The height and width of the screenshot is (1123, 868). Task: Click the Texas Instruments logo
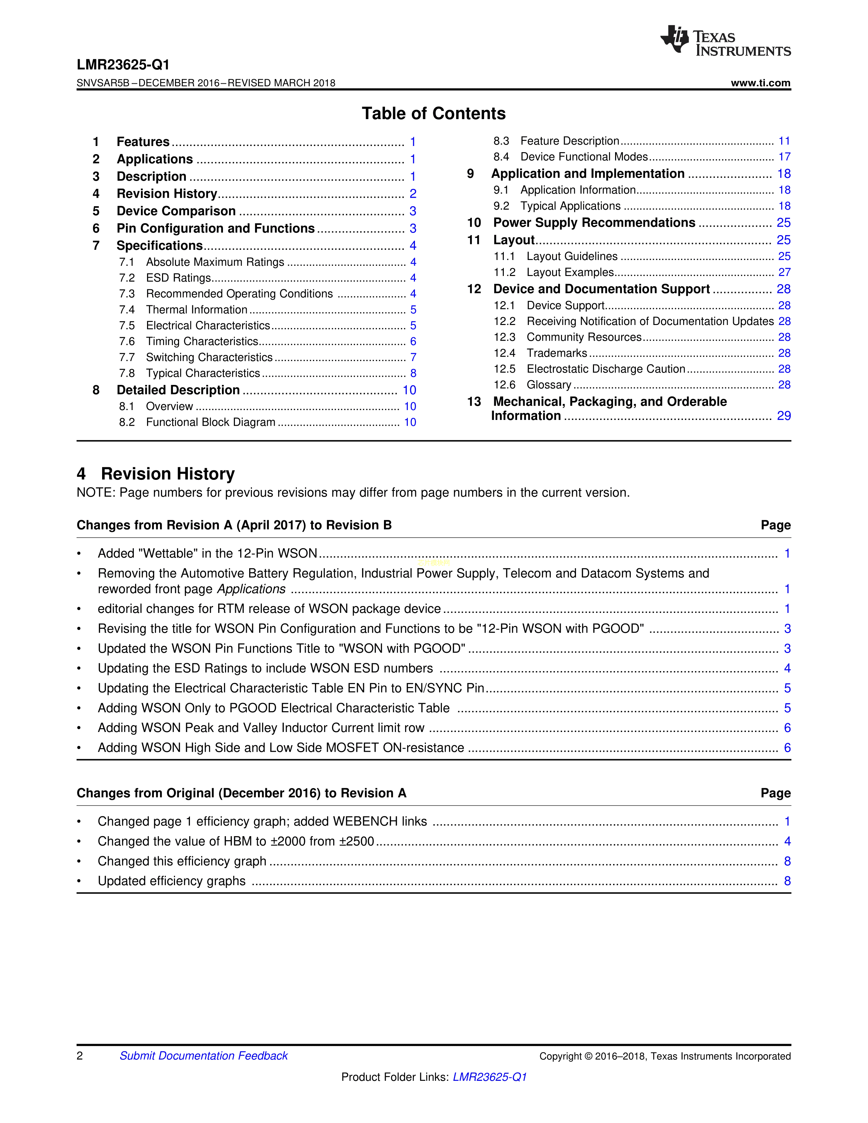pos(725,40)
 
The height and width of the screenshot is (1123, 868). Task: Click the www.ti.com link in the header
pos(760,83)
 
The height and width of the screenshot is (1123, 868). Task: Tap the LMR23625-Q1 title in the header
pos(123,65)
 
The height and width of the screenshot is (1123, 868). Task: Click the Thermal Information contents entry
pos(196,310)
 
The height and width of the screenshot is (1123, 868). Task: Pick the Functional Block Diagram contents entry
pos(210,422)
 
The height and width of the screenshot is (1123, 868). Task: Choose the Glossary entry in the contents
pos(549,385)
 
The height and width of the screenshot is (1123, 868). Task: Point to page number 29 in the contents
pos(783,416)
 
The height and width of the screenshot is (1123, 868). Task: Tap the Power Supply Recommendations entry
pos(594,223)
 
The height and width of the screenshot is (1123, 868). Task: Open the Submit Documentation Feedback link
pos(204,1056)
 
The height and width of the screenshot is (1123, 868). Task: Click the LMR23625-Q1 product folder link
pos(489,1077)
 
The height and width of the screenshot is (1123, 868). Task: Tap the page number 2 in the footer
pos(80,1056)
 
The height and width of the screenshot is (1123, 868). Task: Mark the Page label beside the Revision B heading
pos(775,525)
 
